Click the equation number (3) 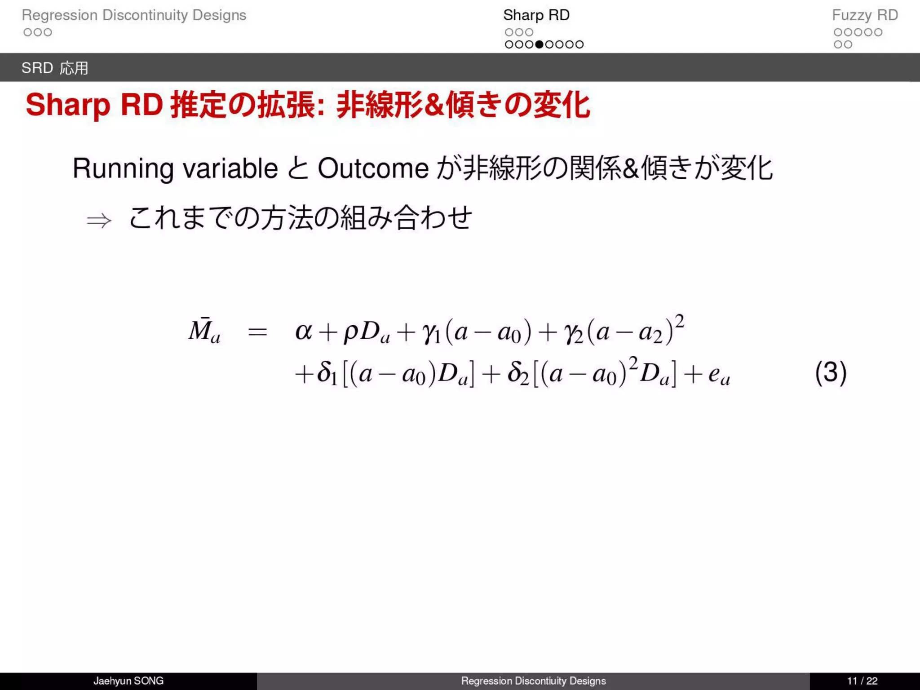point(831,373)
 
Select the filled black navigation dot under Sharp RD point(539,44)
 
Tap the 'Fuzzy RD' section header point(865,15)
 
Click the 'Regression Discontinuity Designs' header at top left point(134,15)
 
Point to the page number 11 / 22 point(862,681)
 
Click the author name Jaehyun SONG point(128,681)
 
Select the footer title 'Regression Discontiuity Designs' point(533,681)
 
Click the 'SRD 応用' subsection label point(55,68)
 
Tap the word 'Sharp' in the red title point(68,105)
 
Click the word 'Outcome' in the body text point(373,169)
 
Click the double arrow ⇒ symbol point(99,221)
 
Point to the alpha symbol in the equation point(303,332)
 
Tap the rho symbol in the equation point(351,333)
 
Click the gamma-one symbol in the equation point(431,333)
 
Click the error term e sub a point(718,375)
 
